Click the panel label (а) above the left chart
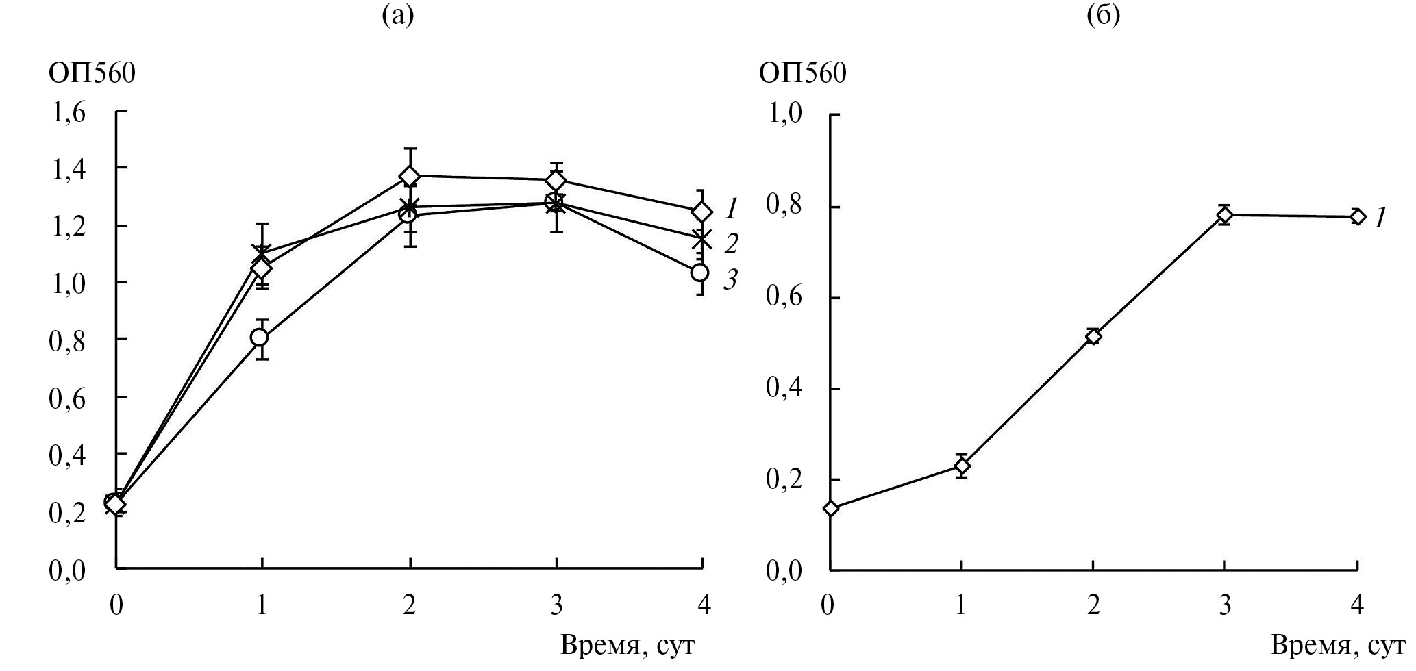coord(397,15)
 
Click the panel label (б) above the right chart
coord(1103,15)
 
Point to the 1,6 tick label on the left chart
coord(68,112)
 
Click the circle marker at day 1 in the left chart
coord(260,338)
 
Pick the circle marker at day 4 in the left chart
coord(699,273)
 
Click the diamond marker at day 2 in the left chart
coord(410,177)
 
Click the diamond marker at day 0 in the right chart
coord(831,508)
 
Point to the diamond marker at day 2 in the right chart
coord(1093,336)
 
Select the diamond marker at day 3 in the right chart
coord(1225,216)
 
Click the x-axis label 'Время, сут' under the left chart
coord(628,645)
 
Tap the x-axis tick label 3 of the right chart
coord(1225,606)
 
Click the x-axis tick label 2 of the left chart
coord(410,606)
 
